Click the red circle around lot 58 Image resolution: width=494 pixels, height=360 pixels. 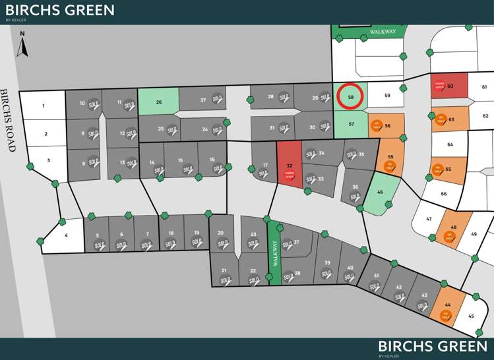click(x=350, y=96)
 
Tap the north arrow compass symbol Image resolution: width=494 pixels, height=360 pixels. click(x=22, y=44)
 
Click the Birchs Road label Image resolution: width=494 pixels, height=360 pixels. click(x=7, y=121)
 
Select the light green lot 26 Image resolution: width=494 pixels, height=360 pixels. click(x=158, y=102)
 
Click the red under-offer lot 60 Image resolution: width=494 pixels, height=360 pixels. click(x=449, y=86)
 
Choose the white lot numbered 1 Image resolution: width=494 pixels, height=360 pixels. click(x=44, y=105)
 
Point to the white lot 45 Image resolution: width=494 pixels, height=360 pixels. click(x=470, y=315)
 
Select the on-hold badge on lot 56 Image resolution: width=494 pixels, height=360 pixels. click(x=376, y=125)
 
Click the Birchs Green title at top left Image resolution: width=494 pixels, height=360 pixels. click(x=60, y=10)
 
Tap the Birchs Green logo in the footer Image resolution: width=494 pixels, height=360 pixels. click(x=433, y=347)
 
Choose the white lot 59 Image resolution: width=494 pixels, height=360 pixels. click(x=387, y=96)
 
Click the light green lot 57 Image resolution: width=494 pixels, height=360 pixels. click(x=352, y=123)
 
